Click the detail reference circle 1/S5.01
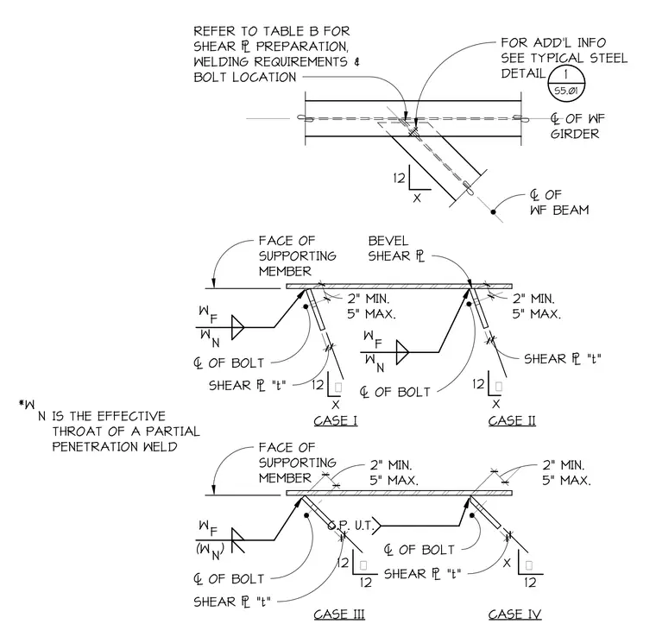click(x=566, y=84)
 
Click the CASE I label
click(x=336, y=420)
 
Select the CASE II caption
click(x=512, y=420)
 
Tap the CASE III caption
click(x=339, y=615)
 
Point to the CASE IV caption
click(x=514, y=615)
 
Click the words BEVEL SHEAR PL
click(x=396, y=249)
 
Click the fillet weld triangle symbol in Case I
click(x=237, y=327)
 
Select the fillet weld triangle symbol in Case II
click(x=402, y=352)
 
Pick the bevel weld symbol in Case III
click(x=237, y=540)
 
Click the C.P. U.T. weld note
click(x=350, y=525)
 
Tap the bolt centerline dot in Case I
click(x=306, y=306)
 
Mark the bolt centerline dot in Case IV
click(x=472, y=515)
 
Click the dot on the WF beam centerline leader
click(x=493, y=212)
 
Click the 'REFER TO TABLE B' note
click(x=276, y=54)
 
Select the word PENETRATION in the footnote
click(x=96, y=447)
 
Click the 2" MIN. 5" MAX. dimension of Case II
click(x=536, y=306)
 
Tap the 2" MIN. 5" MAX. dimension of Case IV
click(x=566, y=473)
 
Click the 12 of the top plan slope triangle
click(x=399, y=178)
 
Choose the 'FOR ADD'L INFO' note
click(x=564, y=58)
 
